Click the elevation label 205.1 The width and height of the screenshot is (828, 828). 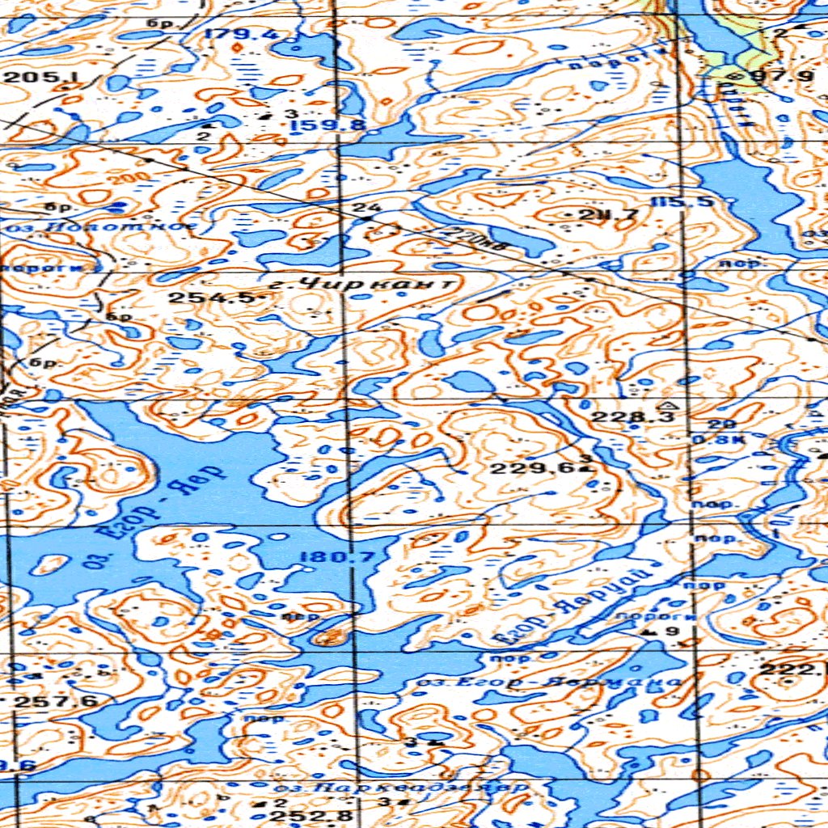click(32, 78)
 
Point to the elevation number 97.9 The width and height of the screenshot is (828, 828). click(771, 77)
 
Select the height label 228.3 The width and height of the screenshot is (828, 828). click(621, 417)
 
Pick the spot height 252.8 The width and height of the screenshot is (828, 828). click(311, 817)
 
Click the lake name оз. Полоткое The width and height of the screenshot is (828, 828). click(100, 228)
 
